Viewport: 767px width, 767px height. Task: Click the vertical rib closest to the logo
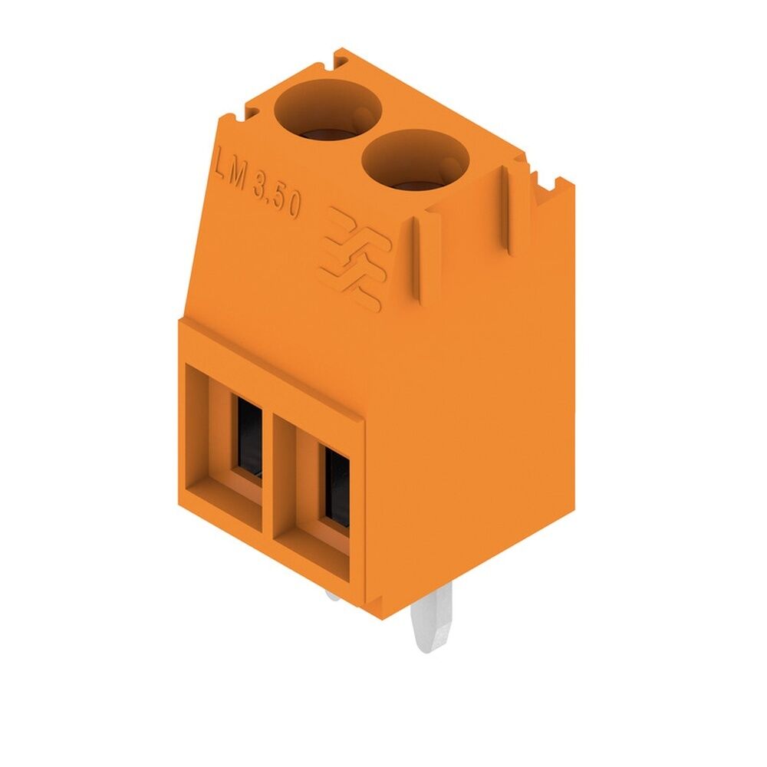coord(418,261)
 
